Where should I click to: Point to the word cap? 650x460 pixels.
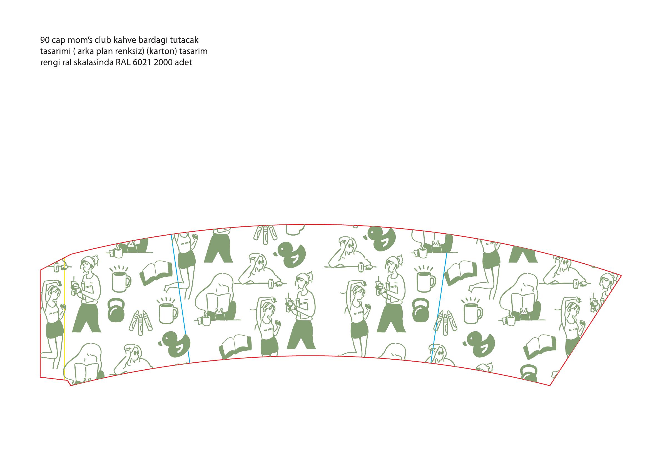click(x=59, y=41)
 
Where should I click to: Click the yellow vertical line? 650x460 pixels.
click(x=64, y=317)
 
